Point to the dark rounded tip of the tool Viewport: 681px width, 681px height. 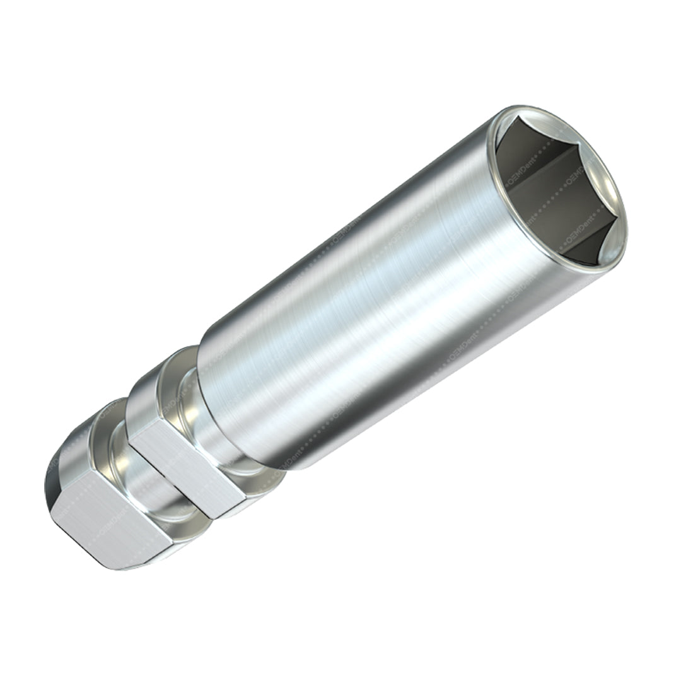coord(53,486)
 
